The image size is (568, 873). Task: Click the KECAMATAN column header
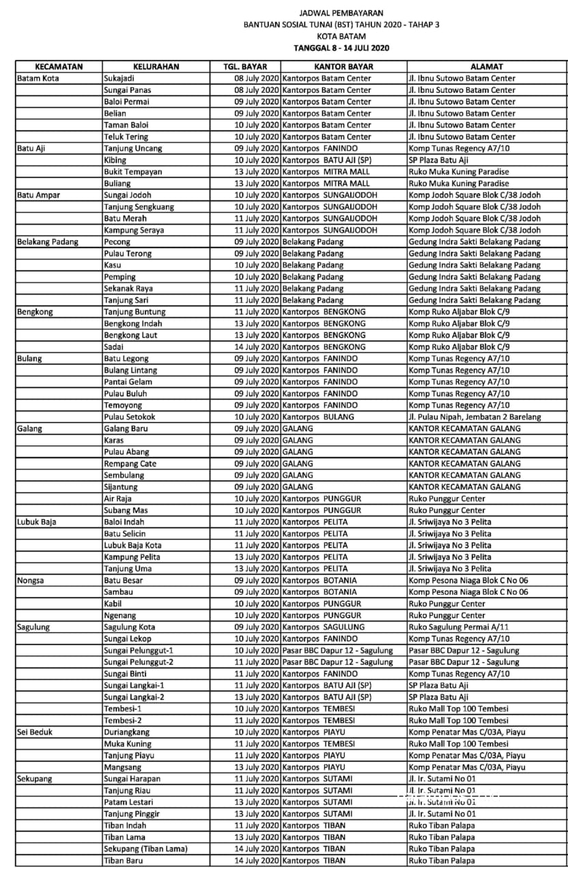click(59, 67)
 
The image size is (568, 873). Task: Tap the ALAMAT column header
click(487, 67)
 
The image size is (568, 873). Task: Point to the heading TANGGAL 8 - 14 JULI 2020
click(341, 48)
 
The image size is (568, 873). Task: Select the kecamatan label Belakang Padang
click(47, 242)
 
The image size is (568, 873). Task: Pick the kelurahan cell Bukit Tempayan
click(132, 172)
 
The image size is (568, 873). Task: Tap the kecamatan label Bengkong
click(35, 312)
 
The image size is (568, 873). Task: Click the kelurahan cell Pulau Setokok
click(130, 417)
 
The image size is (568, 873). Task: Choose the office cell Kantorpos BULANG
click(318, 417)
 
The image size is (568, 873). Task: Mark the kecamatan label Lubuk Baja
click(36, 522)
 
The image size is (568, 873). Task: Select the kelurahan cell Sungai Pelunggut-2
click(138, 662)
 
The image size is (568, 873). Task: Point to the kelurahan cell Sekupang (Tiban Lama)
click(145, 849)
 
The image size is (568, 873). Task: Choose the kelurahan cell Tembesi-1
click(123, 709)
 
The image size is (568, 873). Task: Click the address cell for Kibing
click(438, 160)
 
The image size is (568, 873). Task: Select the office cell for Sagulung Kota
click(319, 627)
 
